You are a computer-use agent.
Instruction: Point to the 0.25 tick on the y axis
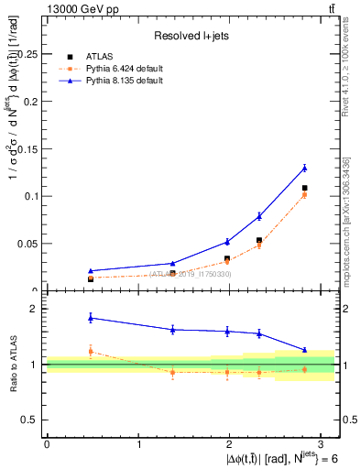(28, 54)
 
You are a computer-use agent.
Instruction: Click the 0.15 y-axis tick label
(28, 148)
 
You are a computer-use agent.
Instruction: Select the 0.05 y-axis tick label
(28, 244)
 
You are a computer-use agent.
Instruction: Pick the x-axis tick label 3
(322, 443)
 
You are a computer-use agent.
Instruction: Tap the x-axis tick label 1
(138, 443)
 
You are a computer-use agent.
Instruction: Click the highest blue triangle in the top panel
(304, 168)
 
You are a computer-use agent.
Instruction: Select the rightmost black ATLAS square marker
(304, 188)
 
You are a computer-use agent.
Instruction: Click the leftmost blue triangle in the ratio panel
(90, 317)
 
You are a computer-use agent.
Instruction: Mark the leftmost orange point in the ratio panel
(90, 351)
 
